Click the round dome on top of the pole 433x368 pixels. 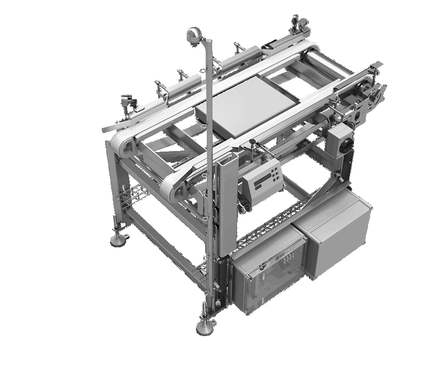193,35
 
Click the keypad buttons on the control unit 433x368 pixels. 275,175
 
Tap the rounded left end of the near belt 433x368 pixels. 173,187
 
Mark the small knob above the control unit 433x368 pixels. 252,144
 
